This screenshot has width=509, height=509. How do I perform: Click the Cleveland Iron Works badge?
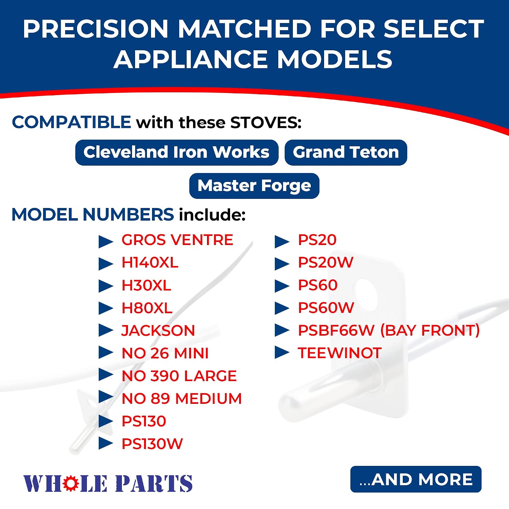pyautogui.click(x=177, y=152)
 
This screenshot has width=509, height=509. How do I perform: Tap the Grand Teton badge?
pyautogui.click(x=346, y=152)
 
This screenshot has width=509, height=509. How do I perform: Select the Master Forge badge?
pyautogui.click(x=254, y=186)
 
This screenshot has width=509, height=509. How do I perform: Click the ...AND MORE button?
pyautogui.click(x=416, y=479)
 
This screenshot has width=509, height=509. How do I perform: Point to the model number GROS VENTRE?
pyautogui.click(x=177, y=240)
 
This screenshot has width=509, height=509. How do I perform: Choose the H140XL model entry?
pyautogui.click(x=150, y=263)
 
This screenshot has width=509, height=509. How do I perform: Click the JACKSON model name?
pyautogui.click(x=158, y=331)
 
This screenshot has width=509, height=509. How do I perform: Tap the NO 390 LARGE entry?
pyautogui.click(x=179, y=376)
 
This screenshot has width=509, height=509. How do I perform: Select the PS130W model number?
pyautogui.click(x=152, y=444)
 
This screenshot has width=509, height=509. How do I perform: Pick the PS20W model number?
pyautogui.click(x=326, y=262)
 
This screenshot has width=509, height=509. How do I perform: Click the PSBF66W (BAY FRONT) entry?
pyautogui.click(x=389, y=331)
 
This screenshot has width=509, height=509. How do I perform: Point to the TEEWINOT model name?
pyautogui.click(x=340, y=353)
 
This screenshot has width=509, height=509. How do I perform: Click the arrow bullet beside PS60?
pyautogui.click(x=282, y=286)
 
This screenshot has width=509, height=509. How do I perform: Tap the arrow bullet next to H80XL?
pyautogui.click(x=106, y=308)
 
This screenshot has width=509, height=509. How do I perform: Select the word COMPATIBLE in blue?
pyautogui.click(x=72, y=122)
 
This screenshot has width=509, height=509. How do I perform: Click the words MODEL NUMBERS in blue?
pyautogui.click(x=93, y=214)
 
